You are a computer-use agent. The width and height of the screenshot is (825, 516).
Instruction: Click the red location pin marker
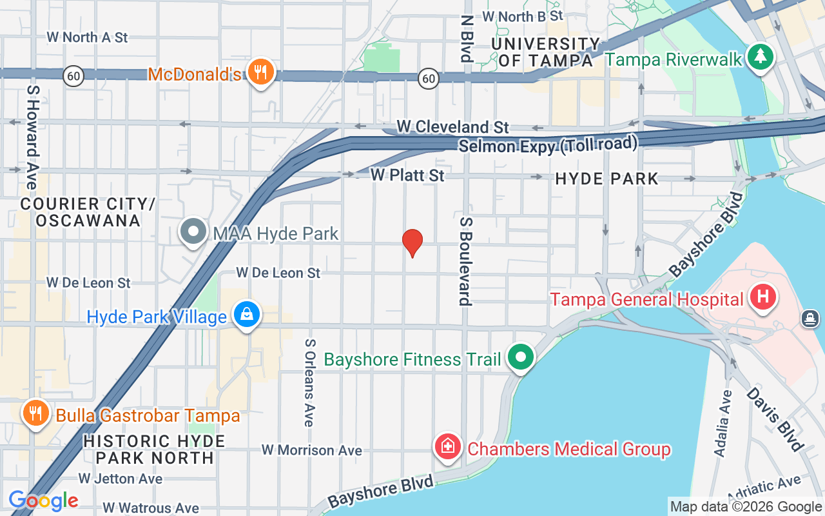coord(412,243)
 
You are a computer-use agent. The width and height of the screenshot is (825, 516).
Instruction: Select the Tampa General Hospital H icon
coord(763,297)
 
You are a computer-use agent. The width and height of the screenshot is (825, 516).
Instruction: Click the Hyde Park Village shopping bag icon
coord(246,315)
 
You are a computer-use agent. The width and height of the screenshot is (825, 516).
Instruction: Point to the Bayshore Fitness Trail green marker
coord(521,357)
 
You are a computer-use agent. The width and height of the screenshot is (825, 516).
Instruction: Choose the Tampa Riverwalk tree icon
coord(761,57)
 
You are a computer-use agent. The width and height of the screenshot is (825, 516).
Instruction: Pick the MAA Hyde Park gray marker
coord(193,232)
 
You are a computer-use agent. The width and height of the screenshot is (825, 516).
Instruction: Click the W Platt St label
coord(407,175)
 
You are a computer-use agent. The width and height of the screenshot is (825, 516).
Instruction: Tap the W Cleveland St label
coord(452,126)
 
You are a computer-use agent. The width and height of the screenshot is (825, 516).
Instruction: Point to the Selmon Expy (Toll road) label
coord(548,144)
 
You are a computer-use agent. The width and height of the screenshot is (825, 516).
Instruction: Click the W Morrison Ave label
coord(311,450)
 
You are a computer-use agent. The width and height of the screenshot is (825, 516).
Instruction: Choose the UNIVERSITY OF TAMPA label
coord(546,52)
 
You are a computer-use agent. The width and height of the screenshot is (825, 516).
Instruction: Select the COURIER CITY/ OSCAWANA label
coord(88,212)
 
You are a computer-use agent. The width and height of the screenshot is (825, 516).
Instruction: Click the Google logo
coord(43,501)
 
